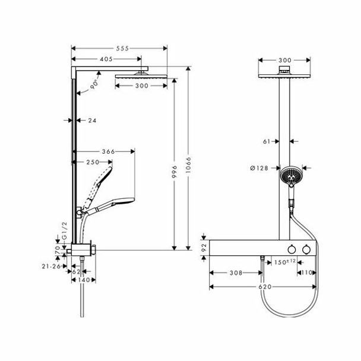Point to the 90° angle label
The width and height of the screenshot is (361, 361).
(x=96, y=85)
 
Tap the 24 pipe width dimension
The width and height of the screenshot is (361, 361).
(x=92, y=119)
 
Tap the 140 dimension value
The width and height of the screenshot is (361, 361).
(x=83, y=279)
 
